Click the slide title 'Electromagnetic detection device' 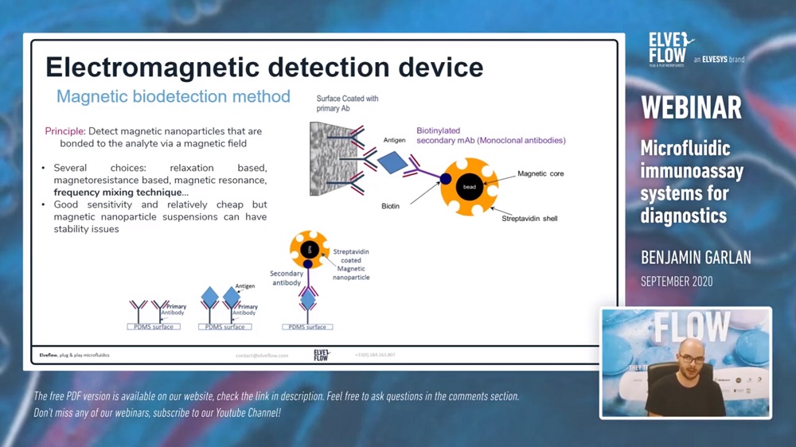(264, 67)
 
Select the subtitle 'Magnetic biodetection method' (173, 97)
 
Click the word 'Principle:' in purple (64, 131)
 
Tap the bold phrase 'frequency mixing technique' (118, 192)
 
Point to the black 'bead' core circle (470, 186)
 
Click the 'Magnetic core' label (540, 173)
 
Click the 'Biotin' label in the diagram (390, 206)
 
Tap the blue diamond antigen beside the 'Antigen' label (392, 162)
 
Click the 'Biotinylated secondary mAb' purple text (490, 135)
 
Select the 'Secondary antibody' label (286, 278)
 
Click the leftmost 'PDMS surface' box (154, 327)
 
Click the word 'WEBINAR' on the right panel (691, 107)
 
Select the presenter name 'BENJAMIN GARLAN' (696, 258)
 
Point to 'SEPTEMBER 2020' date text (677, 282)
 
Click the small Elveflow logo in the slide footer (322, 355)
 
